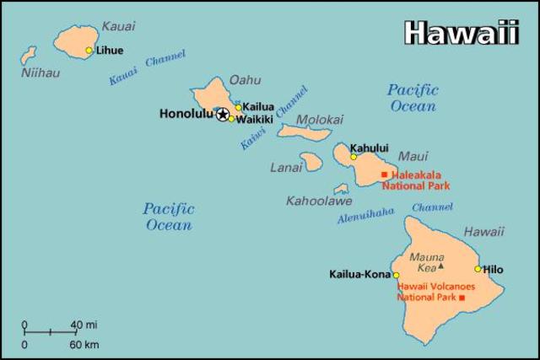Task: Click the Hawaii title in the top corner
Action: (460, 32)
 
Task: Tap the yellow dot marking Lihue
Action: (89, 51)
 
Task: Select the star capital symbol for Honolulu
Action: (223, 114)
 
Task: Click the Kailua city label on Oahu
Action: (258, 107)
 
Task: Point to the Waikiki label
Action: (254, 120)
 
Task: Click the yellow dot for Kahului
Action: (354, 157)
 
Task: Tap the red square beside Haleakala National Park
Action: (385, 175)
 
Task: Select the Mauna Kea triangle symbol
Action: (440, 266)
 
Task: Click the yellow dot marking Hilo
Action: (478, 269)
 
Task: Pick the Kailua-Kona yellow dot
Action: (396, 275)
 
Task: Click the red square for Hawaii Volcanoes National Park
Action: (461, 298)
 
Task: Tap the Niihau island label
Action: (40, 73)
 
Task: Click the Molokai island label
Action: (320, 119)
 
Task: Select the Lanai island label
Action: (286, 168)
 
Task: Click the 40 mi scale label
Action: (84, 325)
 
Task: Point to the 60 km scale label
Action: (84, 344)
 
